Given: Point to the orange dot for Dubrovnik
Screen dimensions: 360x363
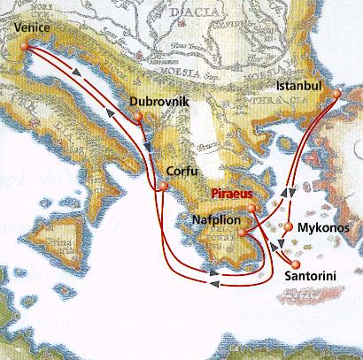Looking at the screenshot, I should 141,115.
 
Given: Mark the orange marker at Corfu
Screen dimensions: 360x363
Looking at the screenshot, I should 162,187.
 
